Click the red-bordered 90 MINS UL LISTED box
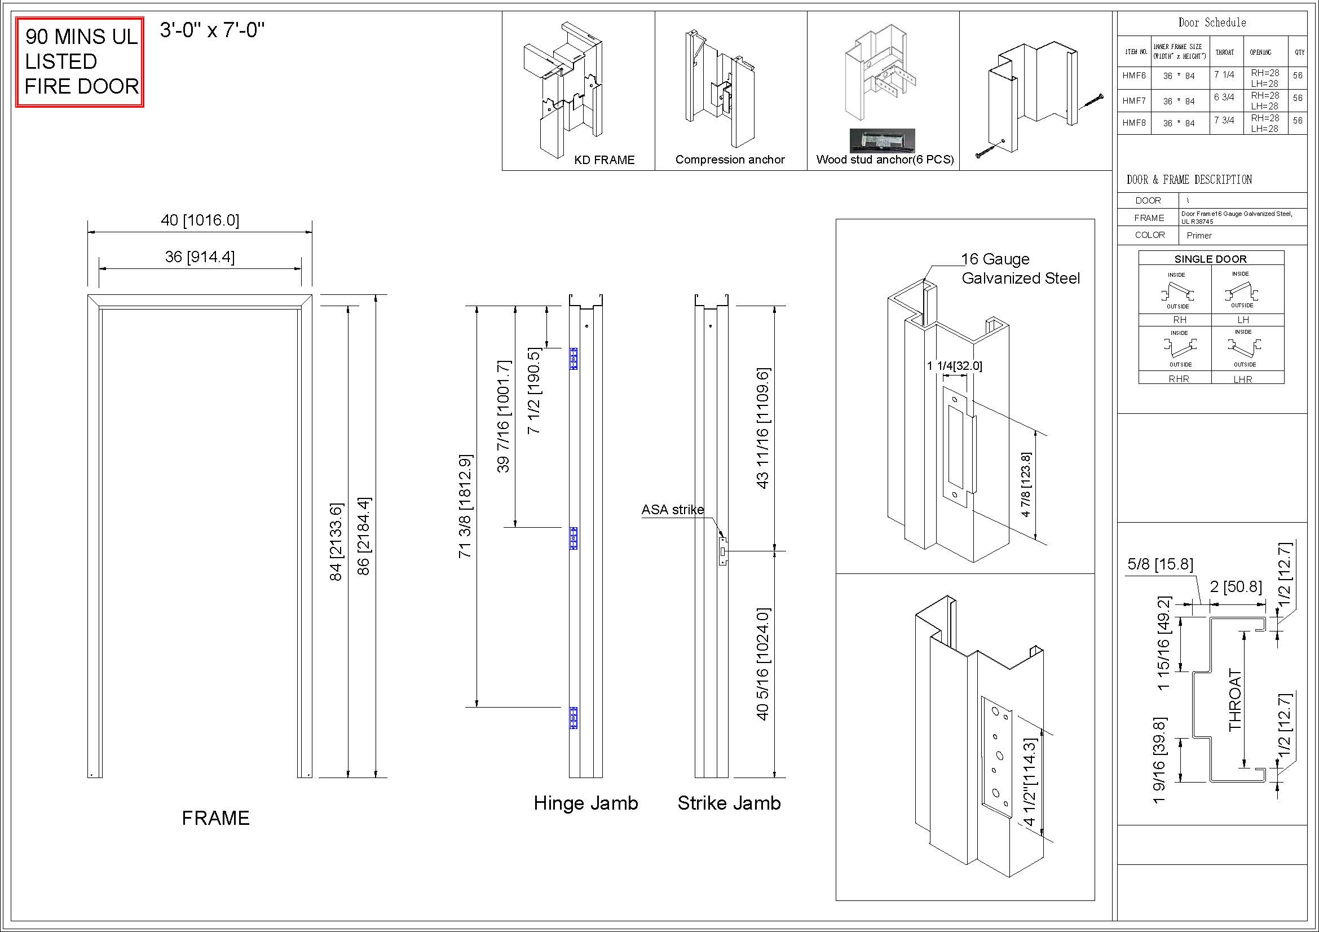coord(80,62)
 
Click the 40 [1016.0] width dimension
coord(200,220)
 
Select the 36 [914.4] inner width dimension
coord(200,257)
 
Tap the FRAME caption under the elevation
coord(216,818)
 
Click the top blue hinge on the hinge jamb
coord(573,359)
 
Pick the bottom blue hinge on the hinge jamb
coord(573,718)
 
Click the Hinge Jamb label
coord(585,802)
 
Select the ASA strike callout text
coord(672,509)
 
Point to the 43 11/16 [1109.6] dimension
coord(763,428)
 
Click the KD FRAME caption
coord(605,160)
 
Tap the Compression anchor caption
coord(730,160)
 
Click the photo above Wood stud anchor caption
coord(883,141)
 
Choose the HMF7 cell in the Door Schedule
coord(1134,101)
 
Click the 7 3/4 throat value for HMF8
coord(1224,120)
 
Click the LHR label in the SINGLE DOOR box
coord(1243,379)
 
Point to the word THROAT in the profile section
coord(1234,700)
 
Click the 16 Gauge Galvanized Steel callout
coord(1020,269)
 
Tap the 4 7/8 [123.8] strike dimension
coord(1026,485)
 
